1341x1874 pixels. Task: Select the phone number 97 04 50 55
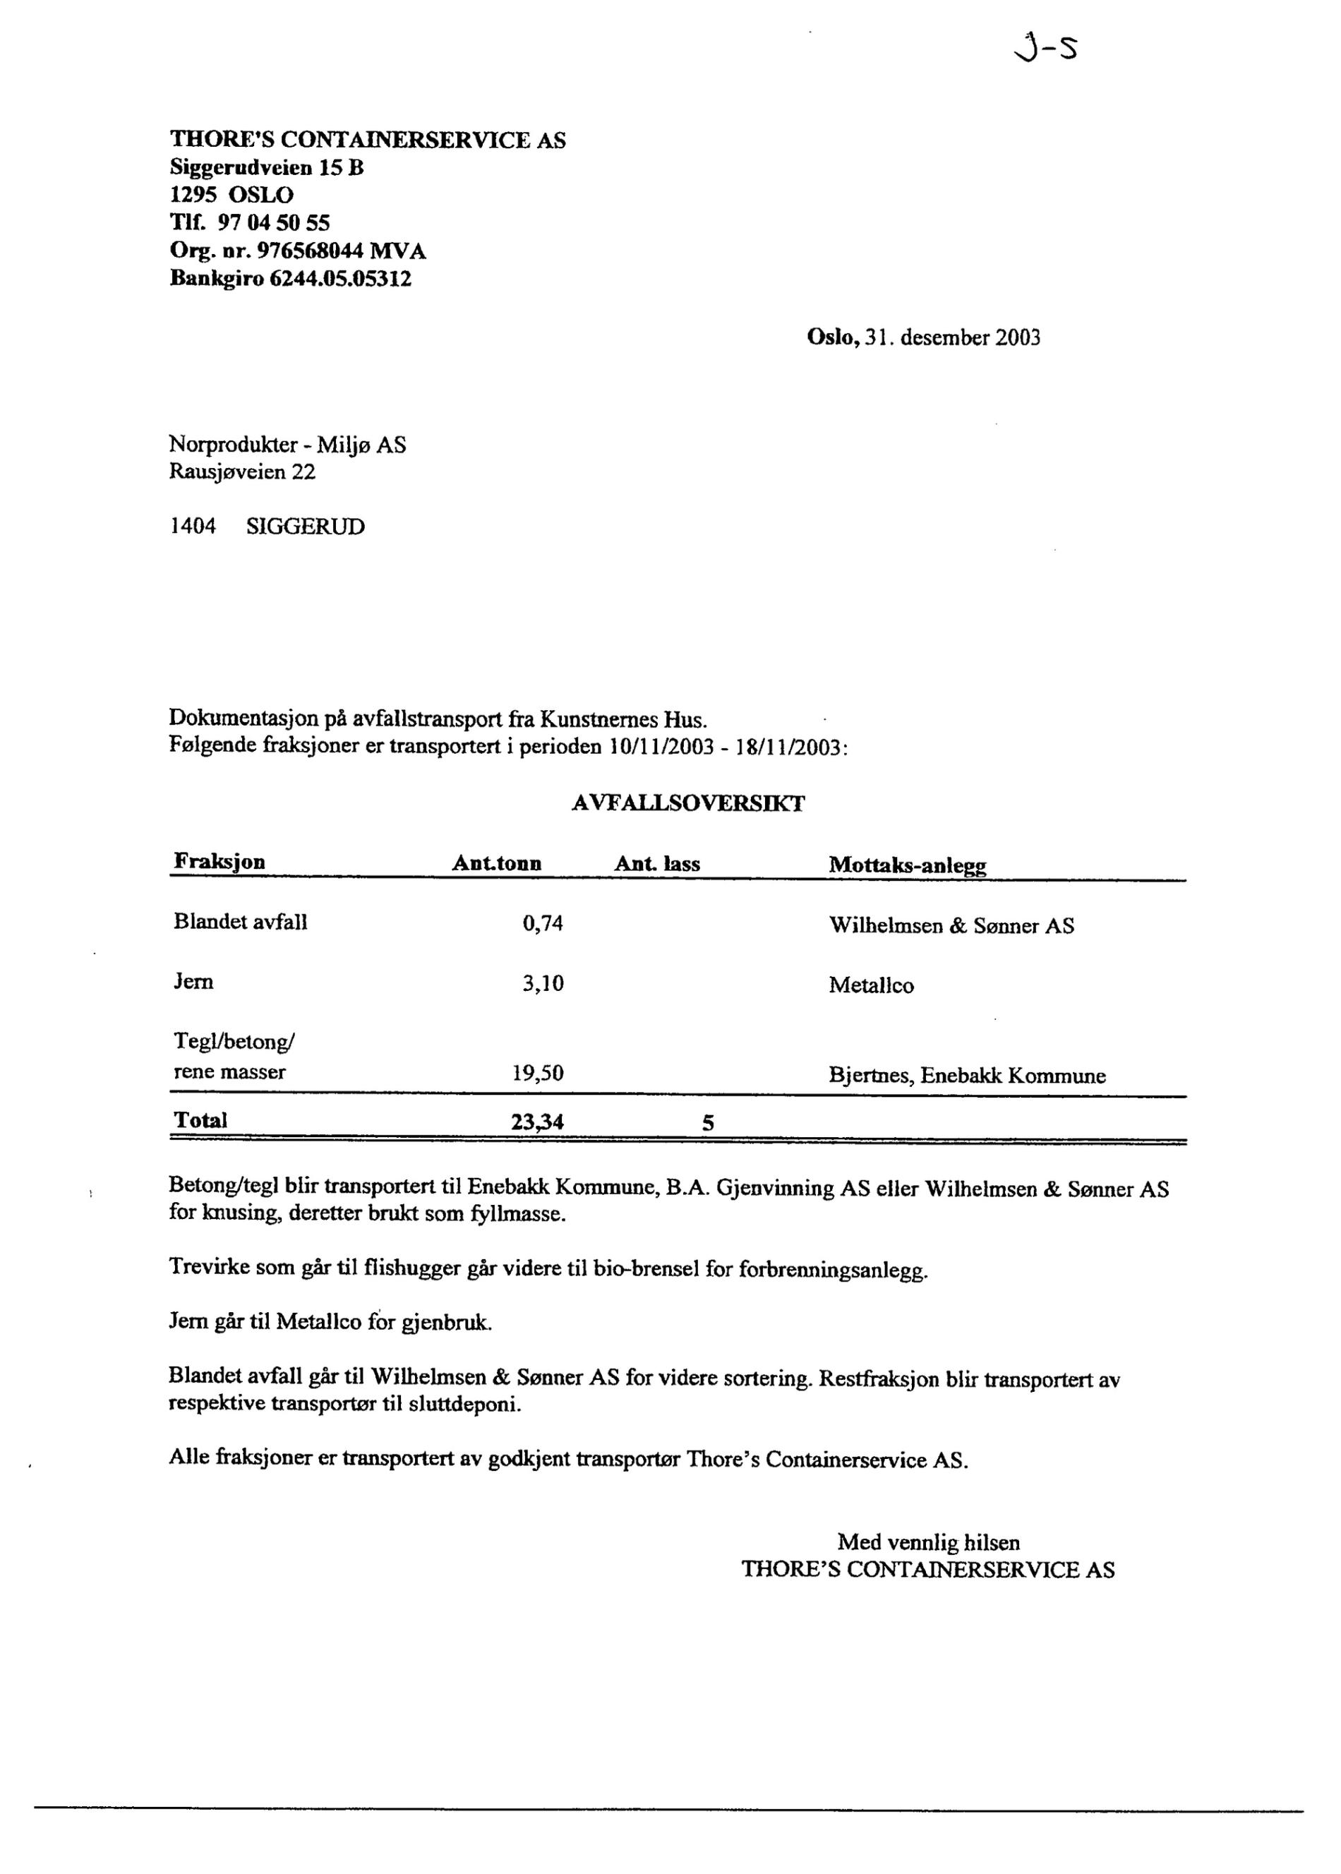[x=273, y=223]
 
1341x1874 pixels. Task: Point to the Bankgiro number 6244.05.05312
[x=340, y=278]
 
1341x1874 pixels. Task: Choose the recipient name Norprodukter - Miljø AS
[x=287, y=445]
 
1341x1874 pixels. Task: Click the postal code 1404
[x=193, y=527]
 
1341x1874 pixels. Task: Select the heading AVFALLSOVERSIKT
[x=688, y=803]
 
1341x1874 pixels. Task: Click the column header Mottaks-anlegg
[x=908, y=865]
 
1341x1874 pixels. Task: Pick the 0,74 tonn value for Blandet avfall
[x=543, y=924]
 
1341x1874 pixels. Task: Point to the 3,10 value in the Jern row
[x=543, y=984]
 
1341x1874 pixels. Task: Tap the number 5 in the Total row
[x=708, y=1124]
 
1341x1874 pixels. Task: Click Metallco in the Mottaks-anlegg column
[x=871, y=986]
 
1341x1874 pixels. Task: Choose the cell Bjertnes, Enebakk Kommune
[x=967, y=1076]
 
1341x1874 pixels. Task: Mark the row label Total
[x=200, y=1120]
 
